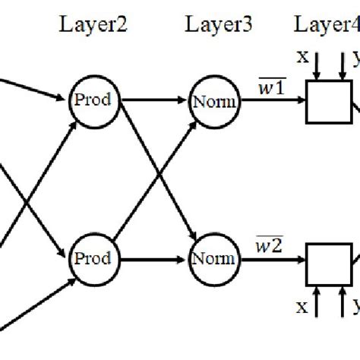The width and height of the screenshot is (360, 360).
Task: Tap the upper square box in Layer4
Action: point(328,102)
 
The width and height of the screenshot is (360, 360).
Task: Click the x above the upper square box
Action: point(302,58)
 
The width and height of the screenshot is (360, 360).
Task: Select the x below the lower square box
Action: point(302,328)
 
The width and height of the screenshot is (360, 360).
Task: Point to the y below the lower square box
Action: point(353,328)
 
